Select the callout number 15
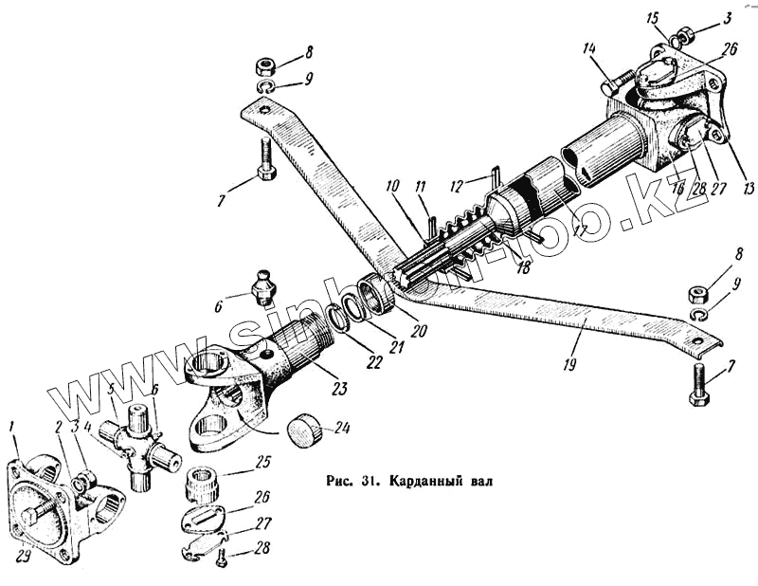pyautogui.click(x=651, y=18)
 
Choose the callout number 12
pyautogui.click(x=455, y=182)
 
